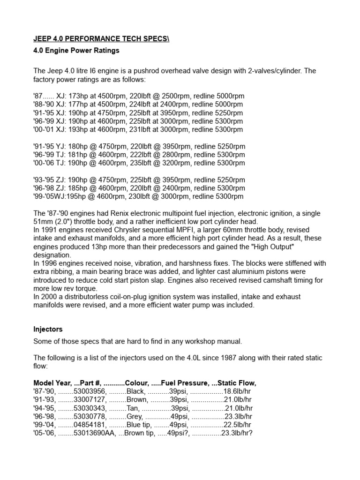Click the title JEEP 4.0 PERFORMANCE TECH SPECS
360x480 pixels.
click(x=101, y=38)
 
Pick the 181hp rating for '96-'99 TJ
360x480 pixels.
click(x=77, y=155)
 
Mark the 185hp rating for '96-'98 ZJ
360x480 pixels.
click(x=77, y=188)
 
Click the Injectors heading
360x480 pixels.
click(x=48, y=330)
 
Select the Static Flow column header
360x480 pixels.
click(x=237, y=382)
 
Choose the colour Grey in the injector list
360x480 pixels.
click(x=135, y=416)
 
